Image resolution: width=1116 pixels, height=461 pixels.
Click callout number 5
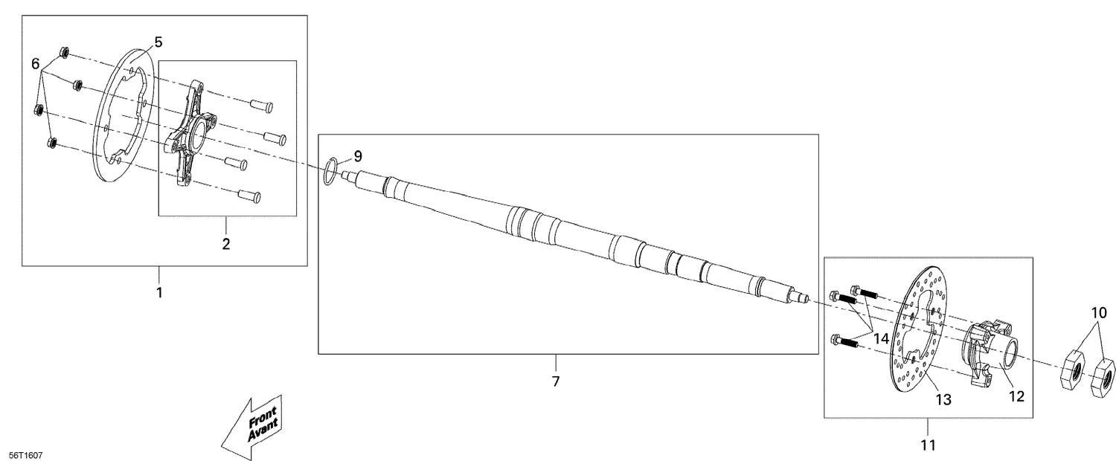158,42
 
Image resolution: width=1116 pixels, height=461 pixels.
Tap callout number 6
35,65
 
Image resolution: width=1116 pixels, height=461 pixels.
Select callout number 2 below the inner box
226,243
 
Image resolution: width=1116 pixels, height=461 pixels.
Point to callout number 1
158,292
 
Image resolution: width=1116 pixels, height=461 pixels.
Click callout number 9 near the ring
358,156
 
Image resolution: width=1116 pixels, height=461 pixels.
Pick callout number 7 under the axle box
556,381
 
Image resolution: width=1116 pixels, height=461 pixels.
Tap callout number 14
882,338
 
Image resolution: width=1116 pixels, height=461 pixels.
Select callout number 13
943,400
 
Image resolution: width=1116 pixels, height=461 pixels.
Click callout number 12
1016,396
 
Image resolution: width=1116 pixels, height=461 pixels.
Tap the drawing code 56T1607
25,454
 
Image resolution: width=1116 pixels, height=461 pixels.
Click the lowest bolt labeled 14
841,342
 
